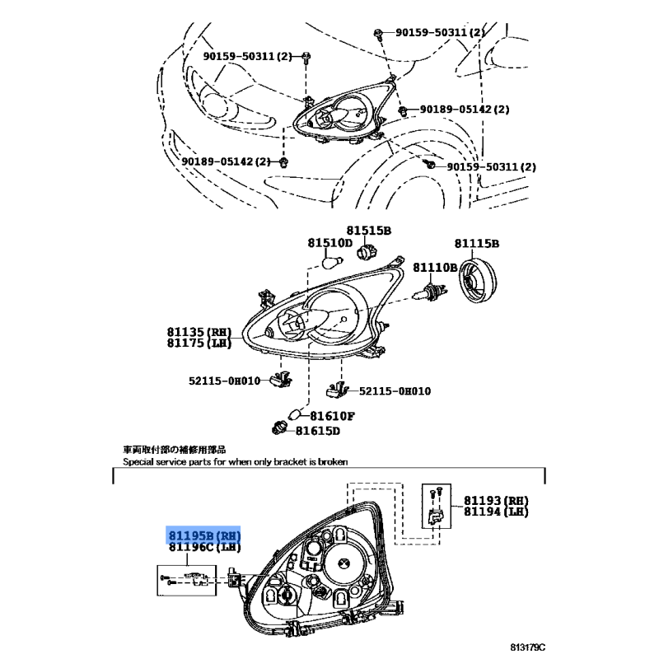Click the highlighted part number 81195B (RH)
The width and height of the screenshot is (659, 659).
pyautogui.click(x=204, y=536)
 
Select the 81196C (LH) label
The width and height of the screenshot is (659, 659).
pyautogui.click(x=204, y=547)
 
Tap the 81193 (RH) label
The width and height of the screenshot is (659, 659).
pyautogui.click(x=496, y=501)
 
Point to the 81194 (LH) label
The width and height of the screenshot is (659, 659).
pyautogui.click(x=496, y=512)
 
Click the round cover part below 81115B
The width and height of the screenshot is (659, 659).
pyautogui.click(x=477, y=281)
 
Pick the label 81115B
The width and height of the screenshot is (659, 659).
pyautogui.click(x=477, y=244)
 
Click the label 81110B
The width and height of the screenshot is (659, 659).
pyautogui.click(x=435, y=267)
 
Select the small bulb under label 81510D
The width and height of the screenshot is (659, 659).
pyautogui.click(x=333, y=262)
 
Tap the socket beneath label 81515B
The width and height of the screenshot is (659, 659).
pyautogui.click(x=367, y=251)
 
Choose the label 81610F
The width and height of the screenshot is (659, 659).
pyautogui.click(x=332, y=416)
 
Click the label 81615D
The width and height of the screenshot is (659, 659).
pyautogui.click(x=317, y=431)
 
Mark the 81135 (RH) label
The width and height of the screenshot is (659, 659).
pyautogui.click(x=199, y=332)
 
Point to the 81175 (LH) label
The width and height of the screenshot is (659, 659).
pyautogui.click(x=199, y=343)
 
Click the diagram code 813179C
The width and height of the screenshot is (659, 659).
pyautogui.click(x=528, y=647)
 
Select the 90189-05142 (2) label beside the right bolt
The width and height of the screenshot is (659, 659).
pyautogui.click(x=465, y=110)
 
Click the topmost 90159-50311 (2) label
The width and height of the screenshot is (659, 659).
pyautogui.click(x=440, y=32)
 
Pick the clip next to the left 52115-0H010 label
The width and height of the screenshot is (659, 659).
pyautogui.click(x=280, y=380)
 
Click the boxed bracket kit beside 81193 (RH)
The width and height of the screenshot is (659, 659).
pyautogui.click(x=437, y=506)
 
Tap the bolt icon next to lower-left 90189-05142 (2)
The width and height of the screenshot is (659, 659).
pyautogui.click(x=284, y=161)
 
